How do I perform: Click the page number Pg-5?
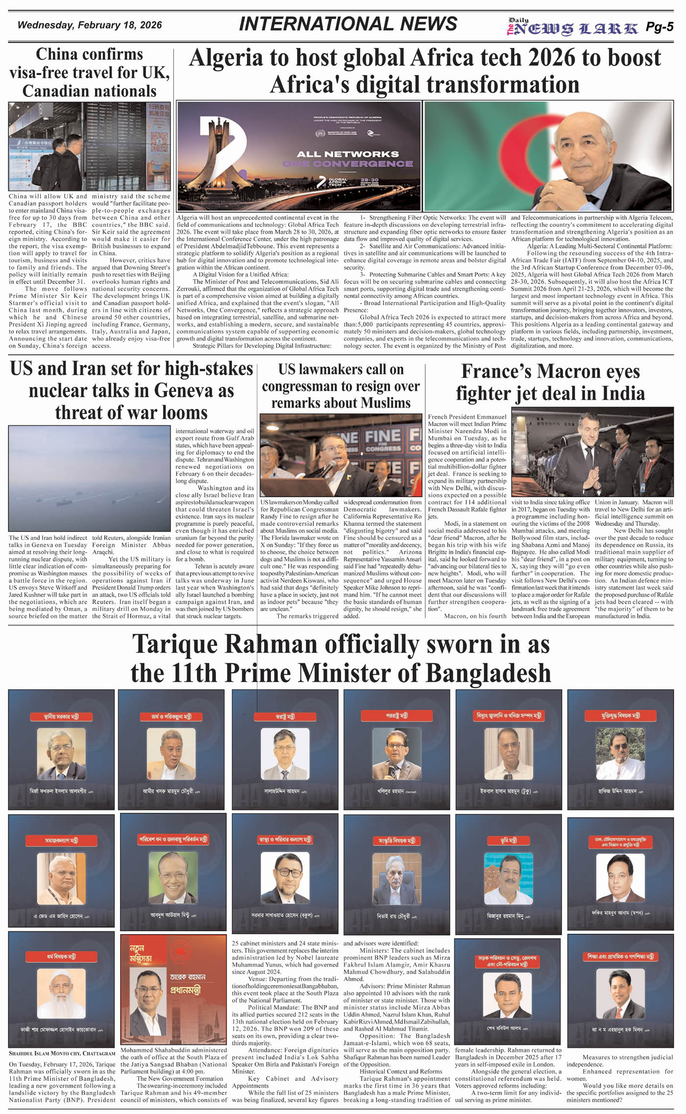(x=659, y=27)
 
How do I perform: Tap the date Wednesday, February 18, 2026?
(x=90, y=25)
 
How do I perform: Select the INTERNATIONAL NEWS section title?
(x=348, y=24)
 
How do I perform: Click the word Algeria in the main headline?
(x=226, y=58)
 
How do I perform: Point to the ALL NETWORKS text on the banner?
(x=347, y=154)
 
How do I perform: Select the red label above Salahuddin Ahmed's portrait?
(x=285, y=716)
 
